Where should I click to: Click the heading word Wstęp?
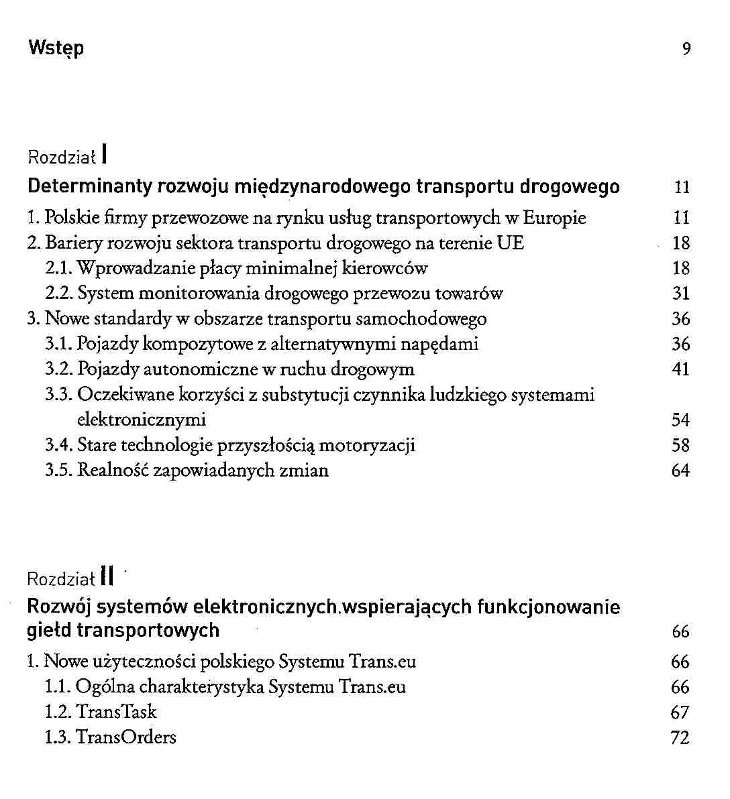56,49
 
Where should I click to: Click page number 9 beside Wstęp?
686,49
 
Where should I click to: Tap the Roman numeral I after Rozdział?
106,156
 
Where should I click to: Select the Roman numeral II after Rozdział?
107,576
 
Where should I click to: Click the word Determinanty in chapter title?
91,186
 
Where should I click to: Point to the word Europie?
554,218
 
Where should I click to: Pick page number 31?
681,294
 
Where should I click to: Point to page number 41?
681,369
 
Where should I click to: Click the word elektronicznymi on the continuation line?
142,420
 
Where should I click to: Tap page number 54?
681,420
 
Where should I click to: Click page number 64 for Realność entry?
681,471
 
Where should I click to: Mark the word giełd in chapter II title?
49,630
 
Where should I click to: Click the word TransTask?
116,712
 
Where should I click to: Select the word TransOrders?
126,737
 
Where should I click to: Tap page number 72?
680,737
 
